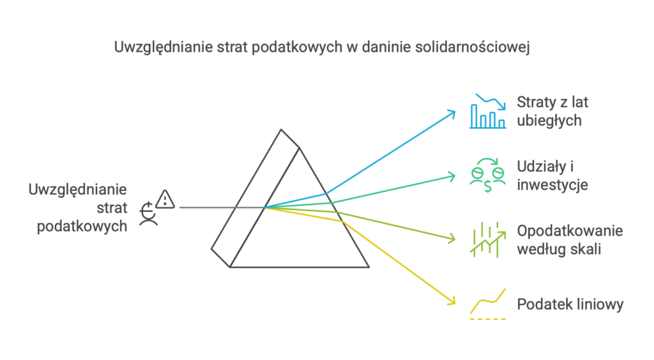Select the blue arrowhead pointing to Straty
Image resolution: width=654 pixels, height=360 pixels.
[451, 112]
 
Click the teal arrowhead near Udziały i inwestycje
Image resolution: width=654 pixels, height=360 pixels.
[452, 175]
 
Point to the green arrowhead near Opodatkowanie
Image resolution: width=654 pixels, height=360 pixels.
[452, 239]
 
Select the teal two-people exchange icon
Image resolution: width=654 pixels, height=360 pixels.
[488, 174]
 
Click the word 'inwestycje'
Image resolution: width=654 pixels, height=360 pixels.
[552, 185]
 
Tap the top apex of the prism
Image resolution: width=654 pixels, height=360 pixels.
[280, 131]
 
